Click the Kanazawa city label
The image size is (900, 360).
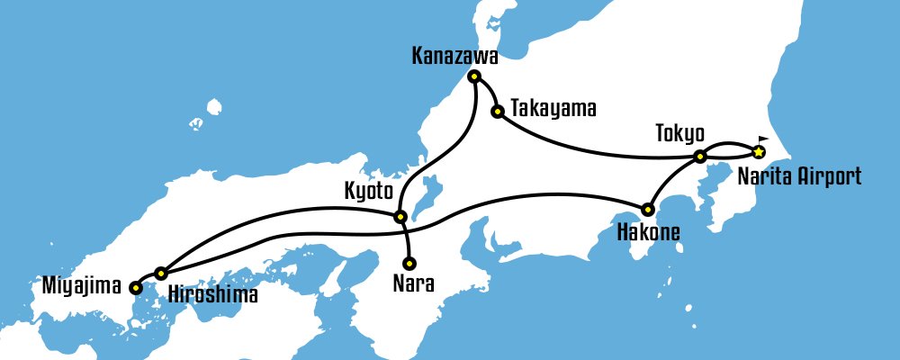coord(454,57)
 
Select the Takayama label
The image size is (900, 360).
coord(553,109)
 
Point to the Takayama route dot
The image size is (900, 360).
coord(497,112)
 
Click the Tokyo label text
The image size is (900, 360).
coord(679,135)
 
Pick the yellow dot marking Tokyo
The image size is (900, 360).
coord(699,157)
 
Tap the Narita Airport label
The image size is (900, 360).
coord(799,175)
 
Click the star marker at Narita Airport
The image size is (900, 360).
coord(759,151)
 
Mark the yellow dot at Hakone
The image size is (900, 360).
coord(647,210)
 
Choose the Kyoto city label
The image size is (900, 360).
coord(370,192)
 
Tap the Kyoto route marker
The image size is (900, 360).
coord(401,216)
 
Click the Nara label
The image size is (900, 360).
coord(413,285)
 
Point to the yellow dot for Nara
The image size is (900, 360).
coord(409,264)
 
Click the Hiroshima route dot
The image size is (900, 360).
coord(161,273)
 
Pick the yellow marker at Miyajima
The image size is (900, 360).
coord(135,288)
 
